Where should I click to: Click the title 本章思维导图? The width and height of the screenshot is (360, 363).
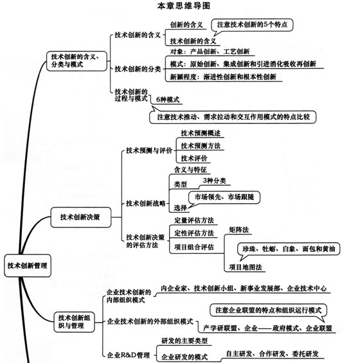[184, 6]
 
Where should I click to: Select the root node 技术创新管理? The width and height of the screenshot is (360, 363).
[28, 265]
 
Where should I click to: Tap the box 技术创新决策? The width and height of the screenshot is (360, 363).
[80, 217]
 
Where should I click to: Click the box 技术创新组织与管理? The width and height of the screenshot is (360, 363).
[74, 322]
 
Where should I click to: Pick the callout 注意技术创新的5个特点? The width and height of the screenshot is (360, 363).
[252, 25]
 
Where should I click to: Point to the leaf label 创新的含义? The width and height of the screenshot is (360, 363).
[186, 25]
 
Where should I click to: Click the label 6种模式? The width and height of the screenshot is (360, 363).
[168, 100]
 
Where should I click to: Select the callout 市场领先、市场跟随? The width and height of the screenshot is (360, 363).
[224, 197]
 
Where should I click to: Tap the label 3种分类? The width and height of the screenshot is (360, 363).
[214, 181]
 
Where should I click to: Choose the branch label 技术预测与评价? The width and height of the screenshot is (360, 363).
[149, 150]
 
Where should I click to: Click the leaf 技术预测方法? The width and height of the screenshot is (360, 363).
[201, 146]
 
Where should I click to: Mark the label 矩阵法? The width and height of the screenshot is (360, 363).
[239, 229]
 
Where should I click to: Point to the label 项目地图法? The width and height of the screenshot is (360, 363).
[246, 267]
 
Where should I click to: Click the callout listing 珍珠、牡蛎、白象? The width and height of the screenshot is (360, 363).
[289, 249]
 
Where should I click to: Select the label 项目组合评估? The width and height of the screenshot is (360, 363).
[194, 247]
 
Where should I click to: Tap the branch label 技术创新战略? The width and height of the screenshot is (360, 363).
[146, 204]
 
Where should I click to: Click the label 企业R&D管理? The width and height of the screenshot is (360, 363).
[129, 355]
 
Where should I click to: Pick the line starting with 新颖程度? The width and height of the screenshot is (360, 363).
[223, 76]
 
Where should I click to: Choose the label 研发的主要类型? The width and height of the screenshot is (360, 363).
[184, 341]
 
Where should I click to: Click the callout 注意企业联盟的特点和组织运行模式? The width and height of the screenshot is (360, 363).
[268, 310]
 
